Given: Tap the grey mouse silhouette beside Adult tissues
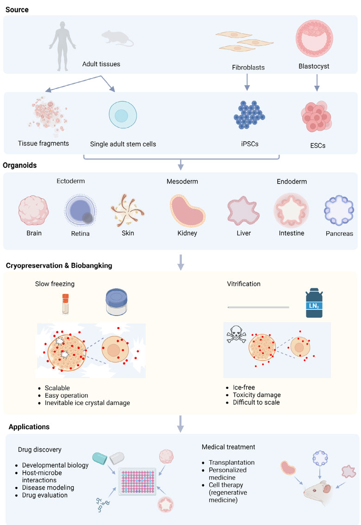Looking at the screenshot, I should [117, 38].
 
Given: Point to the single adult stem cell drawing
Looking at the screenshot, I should [122, 114].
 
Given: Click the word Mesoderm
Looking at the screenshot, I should [182, 182].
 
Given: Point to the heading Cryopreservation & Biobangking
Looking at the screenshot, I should [59, 266].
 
